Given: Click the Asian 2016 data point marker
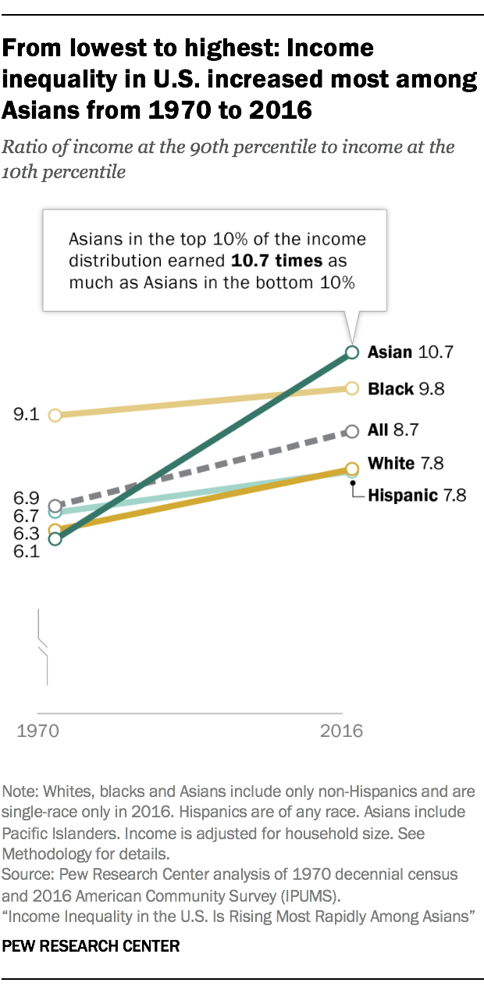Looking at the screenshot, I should click(352, 352).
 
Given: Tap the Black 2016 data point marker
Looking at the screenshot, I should click(352, 388).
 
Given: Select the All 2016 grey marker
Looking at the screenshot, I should click(352, 431).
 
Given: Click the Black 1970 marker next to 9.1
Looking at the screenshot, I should click(55, 415).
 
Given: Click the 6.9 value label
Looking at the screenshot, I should click(27, 498).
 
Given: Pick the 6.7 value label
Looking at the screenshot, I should click(27, 515).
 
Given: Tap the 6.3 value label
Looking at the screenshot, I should click(27, 533).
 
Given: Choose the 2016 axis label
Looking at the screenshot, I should click(342, 732).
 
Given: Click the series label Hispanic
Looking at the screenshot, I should click(403, 495).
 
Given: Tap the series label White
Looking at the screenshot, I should click(391, 463).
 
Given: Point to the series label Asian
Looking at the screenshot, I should click(390, 352).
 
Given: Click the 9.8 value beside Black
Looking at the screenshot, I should click(430, 388).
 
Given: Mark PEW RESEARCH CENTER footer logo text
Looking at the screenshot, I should click(91, 945).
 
